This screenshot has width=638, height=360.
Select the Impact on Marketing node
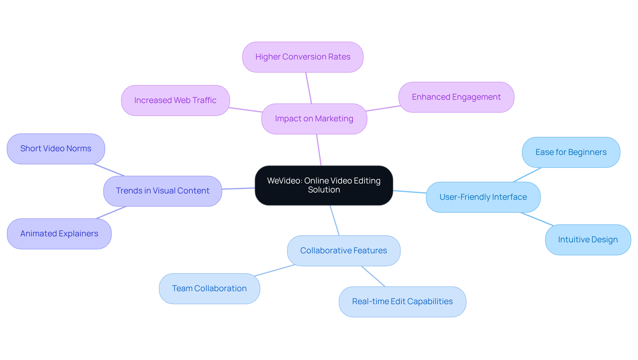pos(314,119)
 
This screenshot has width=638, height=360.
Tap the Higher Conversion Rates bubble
pos(303,57)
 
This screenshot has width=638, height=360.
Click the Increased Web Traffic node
pos(175,100)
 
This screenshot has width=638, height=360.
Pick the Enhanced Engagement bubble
pos(456,97)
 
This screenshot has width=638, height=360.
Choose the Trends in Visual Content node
pos(162,191)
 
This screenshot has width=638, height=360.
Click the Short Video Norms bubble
pos(56,149)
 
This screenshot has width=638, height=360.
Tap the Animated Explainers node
pos(59,234)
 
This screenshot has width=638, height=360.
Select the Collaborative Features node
pos(344,251)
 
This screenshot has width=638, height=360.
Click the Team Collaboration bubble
pos(209,289)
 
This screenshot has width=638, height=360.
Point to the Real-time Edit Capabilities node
pos(402,301)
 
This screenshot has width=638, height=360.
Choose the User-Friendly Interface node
pos(483,197)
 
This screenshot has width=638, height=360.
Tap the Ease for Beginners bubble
pos(571,152)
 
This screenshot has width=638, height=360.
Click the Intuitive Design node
pos(588,240)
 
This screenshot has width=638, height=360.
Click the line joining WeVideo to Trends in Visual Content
pos(238,188)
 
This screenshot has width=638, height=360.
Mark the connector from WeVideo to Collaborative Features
pos(335,220)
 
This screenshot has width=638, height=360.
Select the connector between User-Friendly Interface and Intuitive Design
pos(537,219)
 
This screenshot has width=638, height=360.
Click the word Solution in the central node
pos(324,190)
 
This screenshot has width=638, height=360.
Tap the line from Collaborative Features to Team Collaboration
pos(274,270)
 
